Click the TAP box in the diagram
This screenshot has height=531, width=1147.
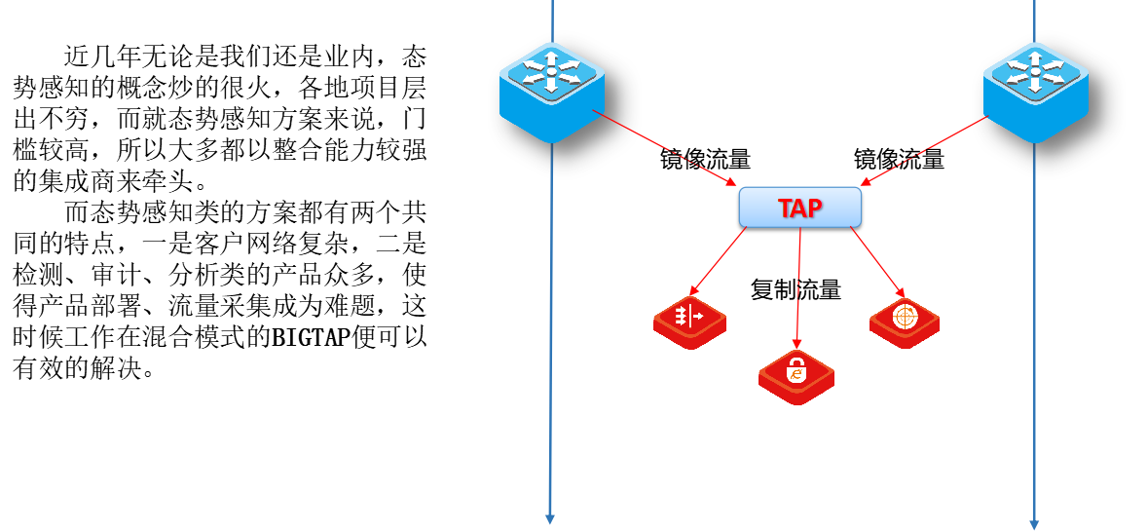[799, 207]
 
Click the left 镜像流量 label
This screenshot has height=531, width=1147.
[705, 160]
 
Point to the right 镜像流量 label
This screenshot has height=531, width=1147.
[899, 160]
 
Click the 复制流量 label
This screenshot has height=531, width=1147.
[795, 289]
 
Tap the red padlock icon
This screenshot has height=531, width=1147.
[796, 376]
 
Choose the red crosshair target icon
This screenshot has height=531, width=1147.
[904, 319]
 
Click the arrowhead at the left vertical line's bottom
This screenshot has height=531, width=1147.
[550, 518]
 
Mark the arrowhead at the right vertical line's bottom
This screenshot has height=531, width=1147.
[1034, 523]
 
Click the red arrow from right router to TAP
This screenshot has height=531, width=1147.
[925, 150]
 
